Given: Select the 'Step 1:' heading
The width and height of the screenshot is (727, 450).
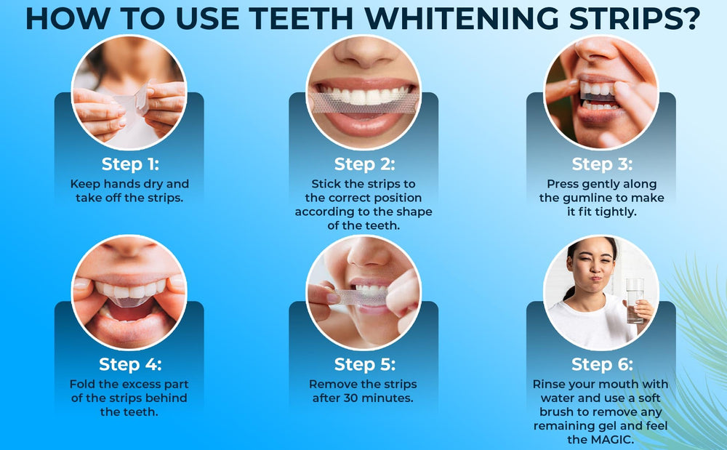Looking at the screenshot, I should tap(129, 164).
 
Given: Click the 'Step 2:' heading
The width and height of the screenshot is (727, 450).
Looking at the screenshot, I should tap(363, 164).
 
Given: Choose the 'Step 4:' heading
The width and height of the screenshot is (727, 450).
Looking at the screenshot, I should tap(129, 363).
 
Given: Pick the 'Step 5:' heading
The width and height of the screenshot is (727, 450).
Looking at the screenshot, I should tap(363, 363).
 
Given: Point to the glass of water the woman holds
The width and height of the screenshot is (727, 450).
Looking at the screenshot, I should tap(635, 300).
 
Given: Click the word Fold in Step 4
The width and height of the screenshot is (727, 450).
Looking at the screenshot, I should tap(84, 384).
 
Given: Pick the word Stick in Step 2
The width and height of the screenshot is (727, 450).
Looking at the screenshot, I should tap(326, 184).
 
